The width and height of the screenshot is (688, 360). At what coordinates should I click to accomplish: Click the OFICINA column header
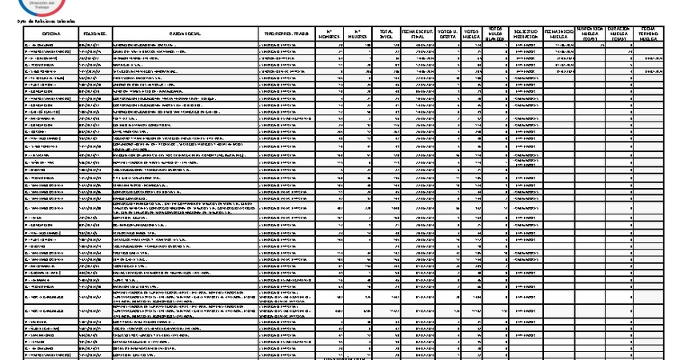tap(51, 33)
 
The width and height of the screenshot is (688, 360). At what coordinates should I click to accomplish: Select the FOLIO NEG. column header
tap(95, 33)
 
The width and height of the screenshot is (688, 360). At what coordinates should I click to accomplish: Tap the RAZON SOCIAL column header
tap(186, 33)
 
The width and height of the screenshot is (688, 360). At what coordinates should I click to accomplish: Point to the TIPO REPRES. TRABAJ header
tap(288, 33)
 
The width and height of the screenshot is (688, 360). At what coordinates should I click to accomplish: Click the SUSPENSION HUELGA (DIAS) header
tap(591, 33)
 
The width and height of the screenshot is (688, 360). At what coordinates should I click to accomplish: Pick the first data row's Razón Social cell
tap(186, 44)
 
